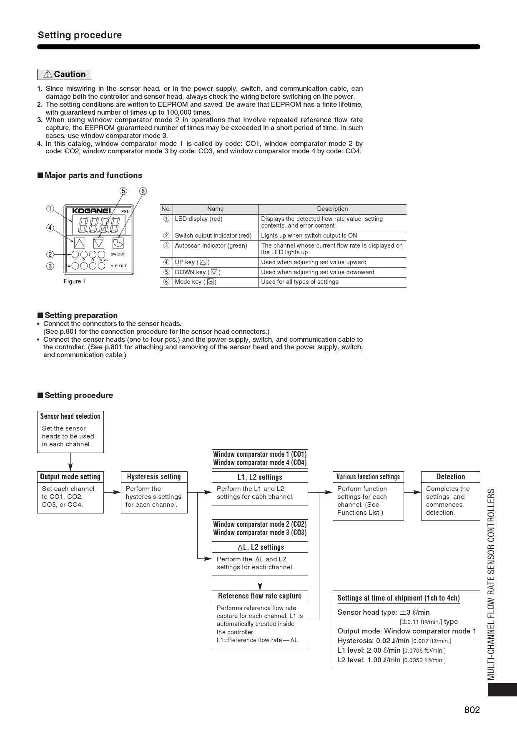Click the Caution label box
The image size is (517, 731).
64,74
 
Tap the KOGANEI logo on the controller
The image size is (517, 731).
91,211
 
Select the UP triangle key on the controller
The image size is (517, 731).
80,243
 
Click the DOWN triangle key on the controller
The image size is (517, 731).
99,243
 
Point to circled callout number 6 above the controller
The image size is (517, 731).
143,191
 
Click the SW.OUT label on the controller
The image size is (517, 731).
118,254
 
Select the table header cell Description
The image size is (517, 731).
332,209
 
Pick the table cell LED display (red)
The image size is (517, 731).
198,219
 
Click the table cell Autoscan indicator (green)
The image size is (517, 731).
211,245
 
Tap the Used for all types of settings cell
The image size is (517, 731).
300,282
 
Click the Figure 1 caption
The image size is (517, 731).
75,281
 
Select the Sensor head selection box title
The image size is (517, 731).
70,416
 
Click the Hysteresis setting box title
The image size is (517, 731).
154,477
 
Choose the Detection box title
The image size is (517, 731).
450,477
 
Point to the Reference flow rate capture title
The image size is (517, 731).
260,596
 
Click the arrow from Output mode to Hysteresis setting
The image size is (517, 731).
112,492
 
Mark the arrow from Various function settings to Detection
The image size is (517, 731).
412,492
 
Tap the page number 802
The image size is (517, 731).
472,710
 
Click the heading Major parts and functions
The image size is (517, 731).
93,175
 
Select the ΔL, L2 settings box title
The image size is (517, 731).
260,547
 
